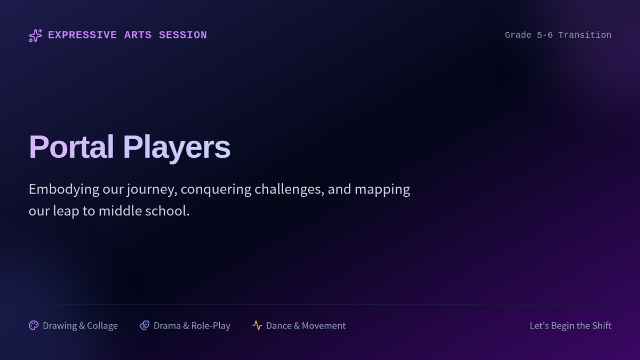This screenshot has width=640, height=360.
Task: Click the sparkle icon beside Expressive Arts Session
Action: pyautogui.click(x=35, y=35)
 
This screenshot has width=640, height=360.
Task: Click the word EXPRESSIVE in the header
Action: pyautogui.click(x=82, y=35)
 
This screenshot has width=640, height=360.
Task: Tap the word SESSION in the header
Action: pyautogui.click(x=183, y=35)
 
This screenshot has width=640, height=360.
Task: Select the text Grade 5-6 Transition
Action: pyautogui.click(x=558, y=35)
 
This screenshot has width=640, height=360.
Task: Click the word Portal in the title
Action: pyautogui.click(x=71, y=147)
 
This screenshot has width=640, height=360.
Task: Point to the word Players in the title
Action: pyautogui.click(x=177, y=148)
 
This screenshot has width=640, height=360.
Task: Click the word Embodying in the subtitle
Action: pyautogui.click(x=64, y=190)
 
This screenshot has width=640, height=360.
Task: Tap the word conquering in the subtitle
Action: pyautogui.click(x=216, y=190)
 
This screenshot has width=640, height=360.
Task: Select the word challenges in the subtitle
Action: pyautogui.click(x=290, y=189)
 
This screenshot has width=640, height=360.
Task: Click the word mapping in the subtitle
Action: pyautogui.click(x=382, y=190)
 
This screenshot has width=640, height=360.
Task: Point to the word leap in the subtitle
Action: pyautogui.click(x=66, y=211)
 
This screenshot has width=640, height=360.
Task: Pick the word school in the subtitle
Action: pyautogui.click(x=167, y=211)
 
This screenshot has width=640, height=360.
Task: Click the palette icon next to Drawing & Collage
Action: pyautogui.click(x=34, y=325)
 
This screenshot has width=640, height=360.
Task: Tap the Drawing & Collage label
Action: pyautogui.click(x=81, y=326)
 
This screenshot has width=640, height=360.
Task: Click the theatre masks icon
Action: pyautogui.click(x=145, y=325)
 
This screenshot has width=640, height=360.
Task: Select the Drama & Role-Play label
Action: pyautogui.click(x=192, y=326)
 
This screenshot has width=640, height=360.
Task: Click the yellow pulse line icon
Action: pyautogui.click(x=257, y=325)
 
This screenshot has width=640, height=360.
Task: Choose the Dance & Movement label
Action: pyautogui.click(x=306, y=326)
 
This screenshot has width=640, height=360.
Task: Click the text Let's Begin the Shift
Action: pyautogui.click(x=571, y=326)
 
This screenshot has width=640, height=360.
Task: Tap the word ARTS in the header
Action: pyautogui.click(x=138, y=35)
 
